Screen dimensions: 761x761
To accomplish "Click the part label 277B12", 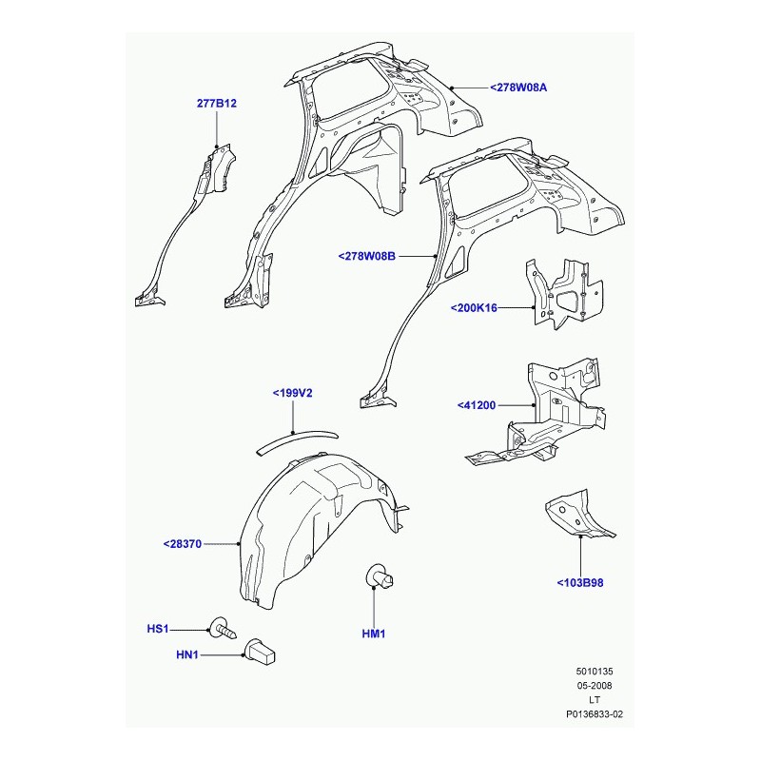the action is click(217, 104).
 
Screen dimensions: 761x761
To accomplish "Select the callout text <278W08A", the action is click(518, 88).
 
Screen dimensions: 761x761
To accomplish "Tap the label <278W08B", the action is click(367, 256).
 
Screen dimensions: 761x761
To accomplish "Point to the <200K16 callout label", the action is click(474, 307).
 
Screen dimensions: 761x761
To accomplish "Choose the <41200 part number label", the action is click(477, 405).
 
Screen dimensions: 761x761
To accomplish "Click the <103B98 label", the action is click(580, 583).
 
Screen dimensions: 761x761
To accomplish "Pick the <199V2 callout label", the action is click(293, 393).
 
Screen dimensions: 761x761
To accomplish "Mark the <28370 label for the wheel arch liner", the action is click(183, 544).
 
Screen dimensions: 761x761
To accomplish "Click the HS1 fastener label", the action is click(158, 629).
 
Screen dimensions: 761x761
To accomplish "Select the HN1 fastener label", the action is click(187, 655).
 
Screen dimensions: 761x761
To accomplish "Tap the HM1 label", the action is click(374, 634).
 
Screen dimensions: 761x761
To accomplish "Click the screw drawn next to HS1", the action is click(224, 628).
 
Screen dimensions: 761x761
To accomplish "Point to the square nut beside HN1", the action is click(261, 652).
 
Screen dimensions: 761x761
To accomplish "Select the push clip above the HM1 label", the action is click(379, 576).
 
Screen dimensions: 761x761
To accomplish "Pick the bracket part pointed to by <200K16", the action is click(564, 294).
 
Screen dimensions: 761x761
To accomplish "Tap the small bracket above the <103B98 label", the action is click(579, 516).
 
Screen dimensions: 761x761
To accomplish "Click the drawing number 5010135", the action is click(595, 672).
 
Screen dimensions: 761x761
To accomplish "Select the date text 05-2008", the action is click(595, 686).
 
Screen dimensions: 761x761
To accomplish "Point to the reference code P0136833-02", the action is click(595, 714).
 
